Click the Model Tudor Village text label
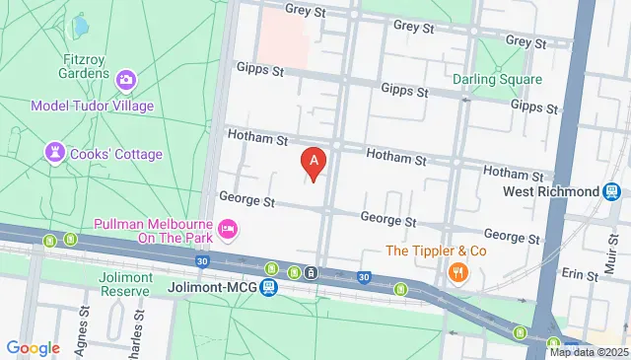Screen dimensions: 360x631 [92, 106]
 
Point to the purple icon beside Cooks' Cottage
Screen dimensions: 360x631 [54, 153]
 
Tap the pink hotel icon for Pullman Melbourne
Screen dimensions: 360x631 [229, 229]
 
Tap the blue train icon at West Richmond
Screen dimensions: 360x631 [612, 190]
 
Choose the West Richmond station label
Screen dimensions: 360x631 [550, 190]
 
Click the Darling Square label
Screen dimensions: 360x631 [497, 79]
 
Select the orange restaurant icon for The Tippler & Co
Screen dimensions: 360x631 [457, 272]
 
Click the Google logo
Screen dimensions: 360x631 [33, 348]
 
